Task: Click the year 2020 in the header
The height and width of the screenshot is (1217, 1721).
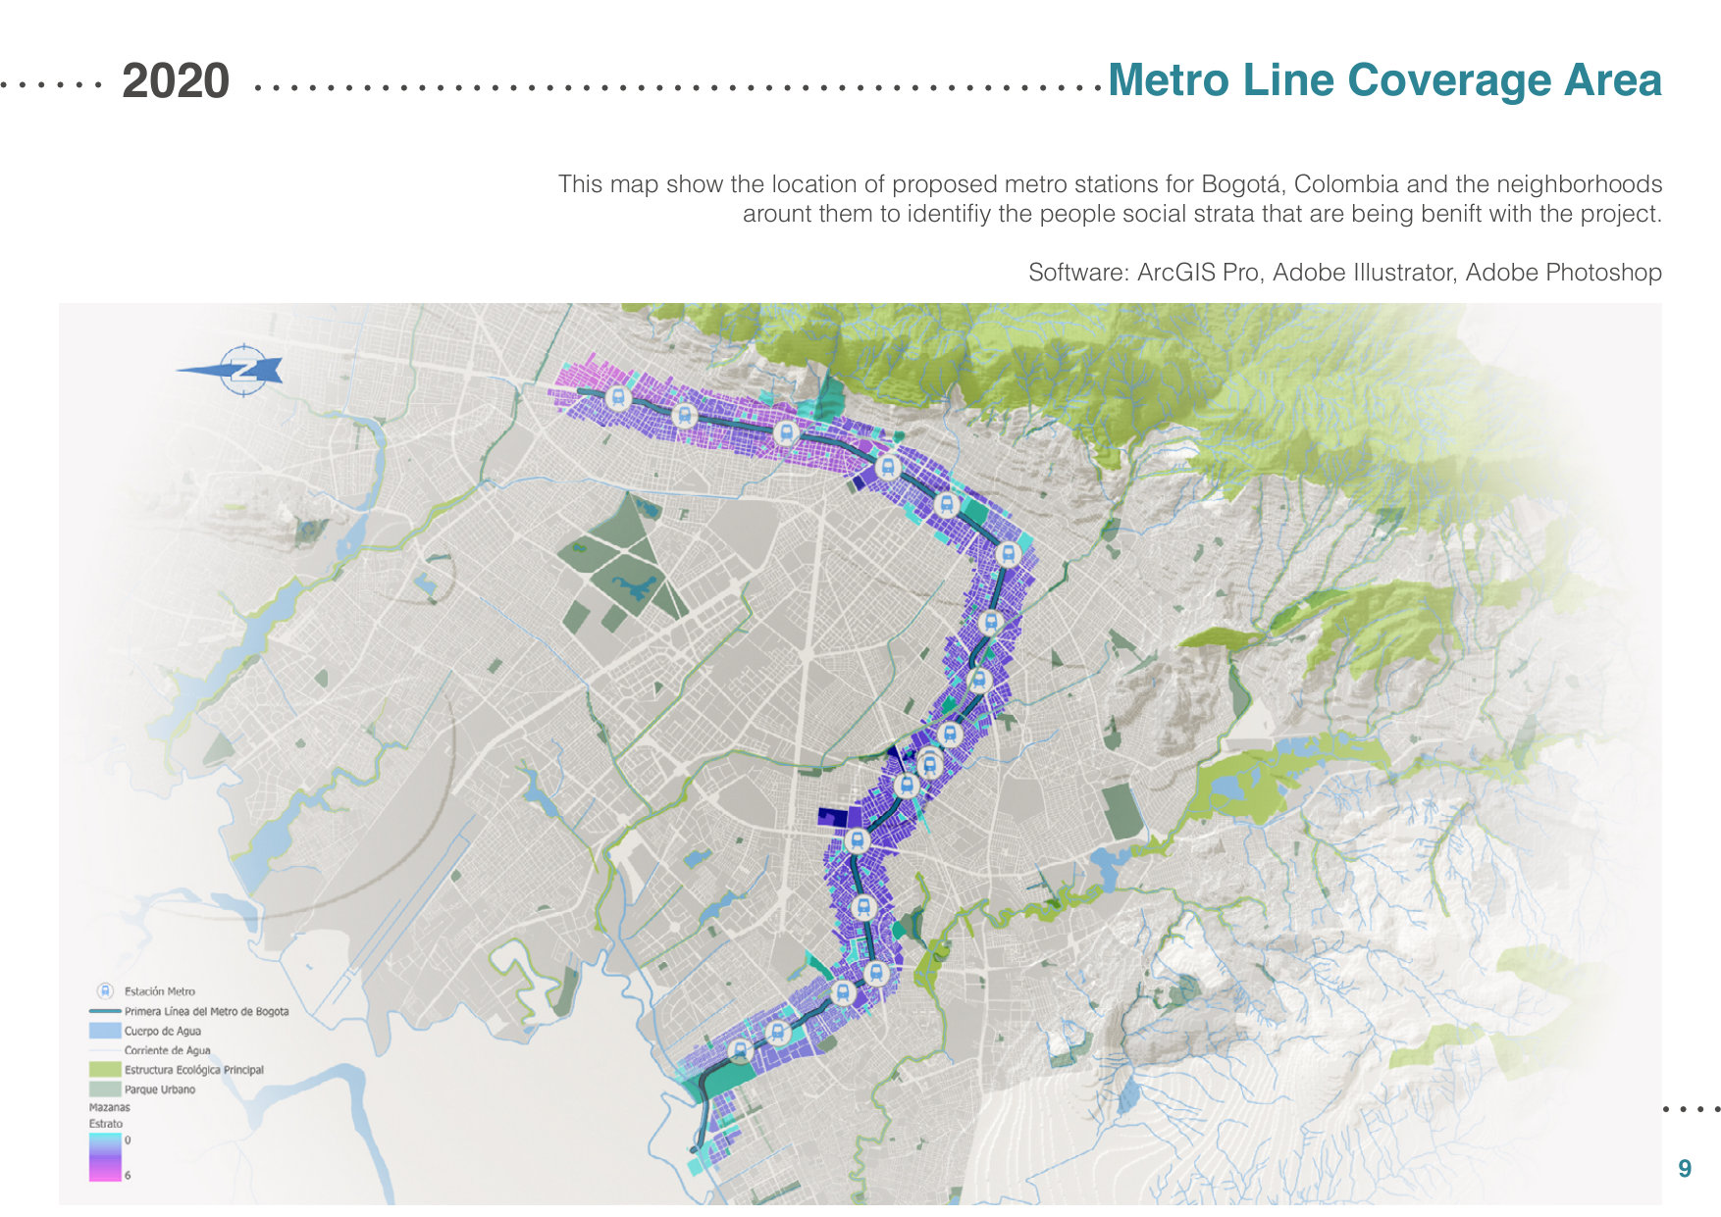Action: pos(176,81)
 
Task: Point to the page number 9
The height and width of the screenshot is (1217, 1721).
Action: pos(1685,1168)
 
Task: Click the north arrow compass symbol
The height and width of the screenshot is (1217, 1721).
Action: pos(241,370)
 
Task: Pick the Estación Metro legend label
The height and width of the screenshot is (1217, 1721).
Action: pos(160,991)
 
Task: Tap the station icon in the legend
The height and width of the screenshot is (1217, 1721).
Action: pos(105,991)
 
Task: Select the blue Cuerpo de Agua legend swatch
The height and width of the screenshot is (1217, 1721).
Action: pos(105,1031)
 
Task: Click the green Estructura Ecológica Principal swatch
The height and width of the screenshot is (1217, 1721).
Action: pos(105,1070)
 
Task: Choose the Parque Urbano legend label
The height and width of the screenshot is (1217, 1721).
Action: pos(160,1090)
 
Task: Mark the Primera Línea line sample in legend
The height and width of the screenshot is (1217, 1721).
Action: pos(105,1011)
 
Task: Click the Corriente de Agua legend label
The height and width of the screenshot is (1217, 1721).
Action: pos(167,1050)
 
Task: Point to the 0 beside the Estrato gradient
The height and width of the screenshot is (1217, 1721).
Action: pos(128,1141)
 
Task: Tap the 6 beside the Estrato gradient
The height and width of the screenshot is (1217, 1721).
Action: pos(128,1175)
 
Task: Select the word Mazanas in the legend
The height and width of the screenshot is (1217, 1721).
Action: pos(110,1107)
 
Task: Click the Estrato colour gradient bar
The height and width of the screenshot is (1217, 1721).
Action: pos(105,1157)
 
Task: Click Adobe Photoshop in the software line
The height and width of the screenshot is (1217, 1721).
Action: pos(1563,273)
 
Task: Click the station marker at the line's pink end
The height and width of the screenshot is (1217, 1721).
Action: pos(617,398)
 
